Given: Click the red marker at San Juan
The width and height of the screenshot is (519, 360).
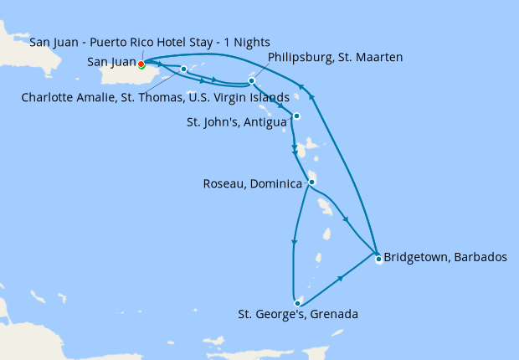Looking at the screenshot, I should tap(141, 64).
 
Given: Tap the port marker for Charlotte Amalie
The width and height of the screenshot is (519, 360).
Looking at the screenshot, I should tap(183, 69).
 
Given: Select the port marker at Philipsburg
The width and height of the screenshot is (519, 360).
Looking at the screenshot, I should tap(251, 81).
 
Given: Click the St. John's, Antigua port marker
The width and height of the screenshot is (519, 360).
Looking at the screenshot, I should tap(296, 116).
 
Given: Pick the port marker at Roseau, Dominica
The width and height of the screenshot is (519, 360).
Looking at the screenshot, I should tap(311, 182).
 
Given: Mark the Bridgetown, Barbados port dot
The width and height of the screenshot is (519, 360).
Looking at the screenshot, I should tap(378, 259).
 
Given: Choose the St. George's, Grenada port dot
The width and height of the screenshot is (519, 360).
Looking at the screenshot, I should tap(297, 302).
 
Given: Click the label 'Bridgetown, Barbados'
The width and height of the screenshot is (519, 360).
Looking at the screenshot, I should tap(444, 257).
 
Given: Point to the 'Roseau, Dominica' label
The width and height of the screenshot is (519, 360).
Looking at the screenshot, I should tap(252, 183).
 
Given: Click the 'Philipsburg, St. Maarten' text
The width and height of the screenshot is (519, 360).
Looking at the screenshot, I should tap(336, 57).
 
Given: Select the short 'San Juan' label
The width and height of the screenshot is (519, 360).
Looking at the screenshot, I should tap(111, 62).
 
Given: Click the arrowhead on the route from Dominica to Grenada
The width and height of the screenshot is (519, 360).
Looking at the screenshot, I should tap(293, 243).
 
